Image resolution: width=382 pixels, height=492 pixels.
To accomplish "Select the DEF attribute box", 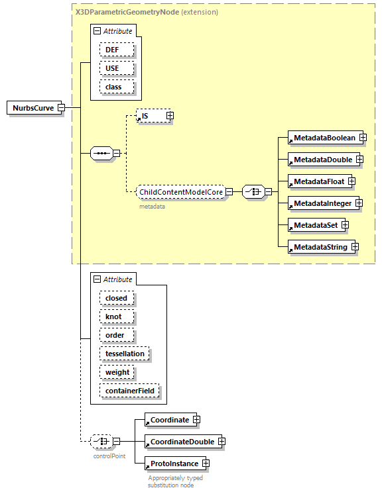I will point(117,50).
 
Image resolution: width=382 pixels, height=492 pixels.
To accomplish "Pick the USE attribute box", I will point(117,68).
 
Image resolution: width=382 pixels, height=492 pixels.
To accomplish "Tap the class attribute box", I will point(117,87).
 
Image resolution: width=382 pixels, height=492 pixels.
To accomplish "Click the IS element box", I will point(150,116).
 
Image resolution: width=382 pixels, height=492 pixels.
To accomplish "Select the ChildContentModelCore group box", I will point(180,192).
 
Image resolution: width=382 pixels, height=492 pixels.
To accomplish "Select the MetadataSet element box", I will point(315,225).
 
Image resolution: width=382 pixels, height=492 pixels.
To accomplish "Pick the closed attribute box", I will point(116,298).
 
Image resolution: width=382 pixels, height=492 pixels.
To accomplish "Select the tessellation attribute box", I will point(125,354).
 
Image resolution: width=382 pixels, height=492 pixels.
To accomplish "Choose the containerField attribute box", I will point(129,391).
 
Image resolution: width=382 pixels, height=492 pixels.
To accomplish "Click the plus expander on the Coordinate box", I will point(196,420).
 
